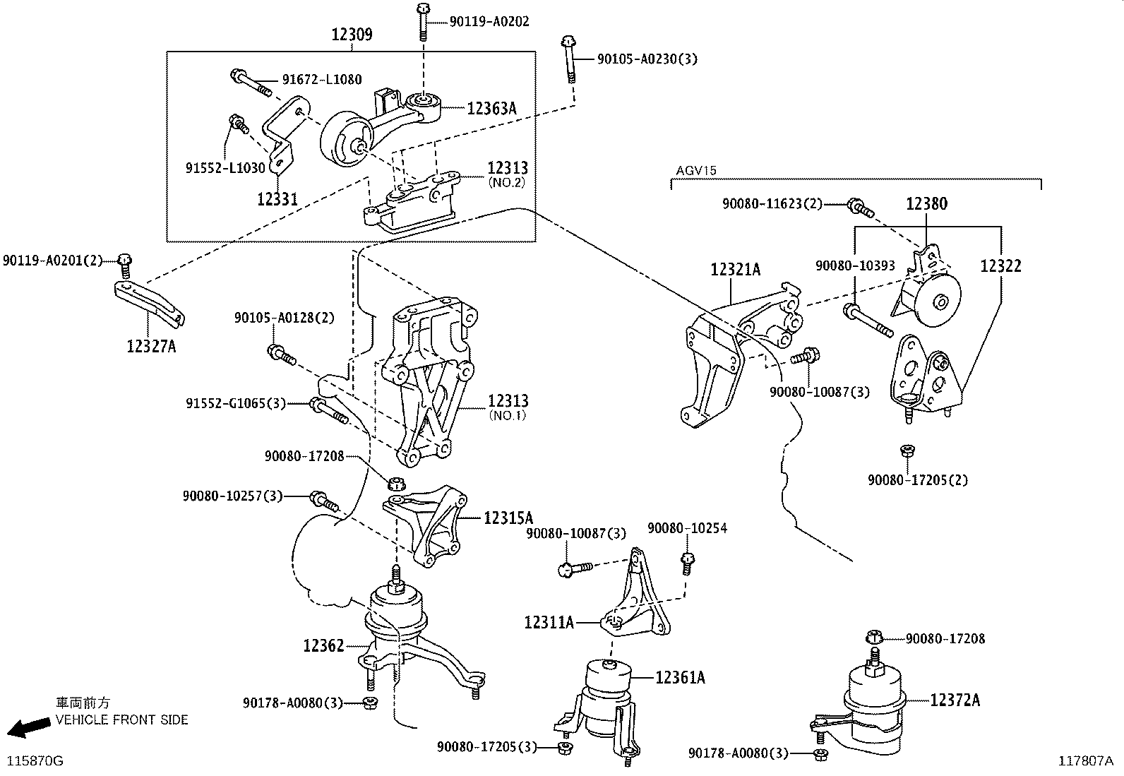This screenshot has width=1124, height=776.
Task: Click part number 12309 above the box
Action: (x=352, y=35)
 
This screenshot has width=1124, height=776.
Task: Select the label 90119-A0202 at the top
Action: (x=489, y=22)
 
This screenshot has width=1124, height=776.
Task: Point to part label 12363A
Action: (x=491, y=108)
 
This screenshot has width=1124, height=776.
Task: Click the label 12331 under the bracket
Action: (x=277, y=200)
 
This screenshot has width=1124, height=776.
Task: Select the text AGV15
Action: (x=695, y=171)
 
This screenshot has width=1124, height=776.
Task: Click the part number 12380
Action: (x=926, y=204)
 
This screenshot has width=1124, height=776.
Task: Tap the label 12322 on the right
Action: (x=1000, y=266)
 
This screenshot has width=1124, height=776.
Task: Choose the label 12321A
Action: (x=735, y=269)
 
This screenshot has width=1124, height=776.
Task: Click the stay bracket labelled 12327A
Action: (x=150, y=302)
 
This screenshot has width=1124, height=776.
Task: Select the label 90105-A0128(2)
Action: (x=284, y=318)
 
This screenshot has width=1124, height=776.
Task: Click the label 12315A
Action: (x=508, y=518)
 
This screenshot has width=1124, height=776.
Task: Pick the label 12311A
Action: (x=549, y=622)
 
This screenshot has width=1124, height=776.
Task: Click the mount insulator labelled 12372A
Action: (x=873, y=706)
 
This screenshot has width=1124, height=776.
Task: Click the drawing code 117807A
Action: (x=1085, y=760)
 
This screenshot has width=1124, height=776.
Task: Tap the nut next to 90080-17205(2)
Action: (x=908, y=450)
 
